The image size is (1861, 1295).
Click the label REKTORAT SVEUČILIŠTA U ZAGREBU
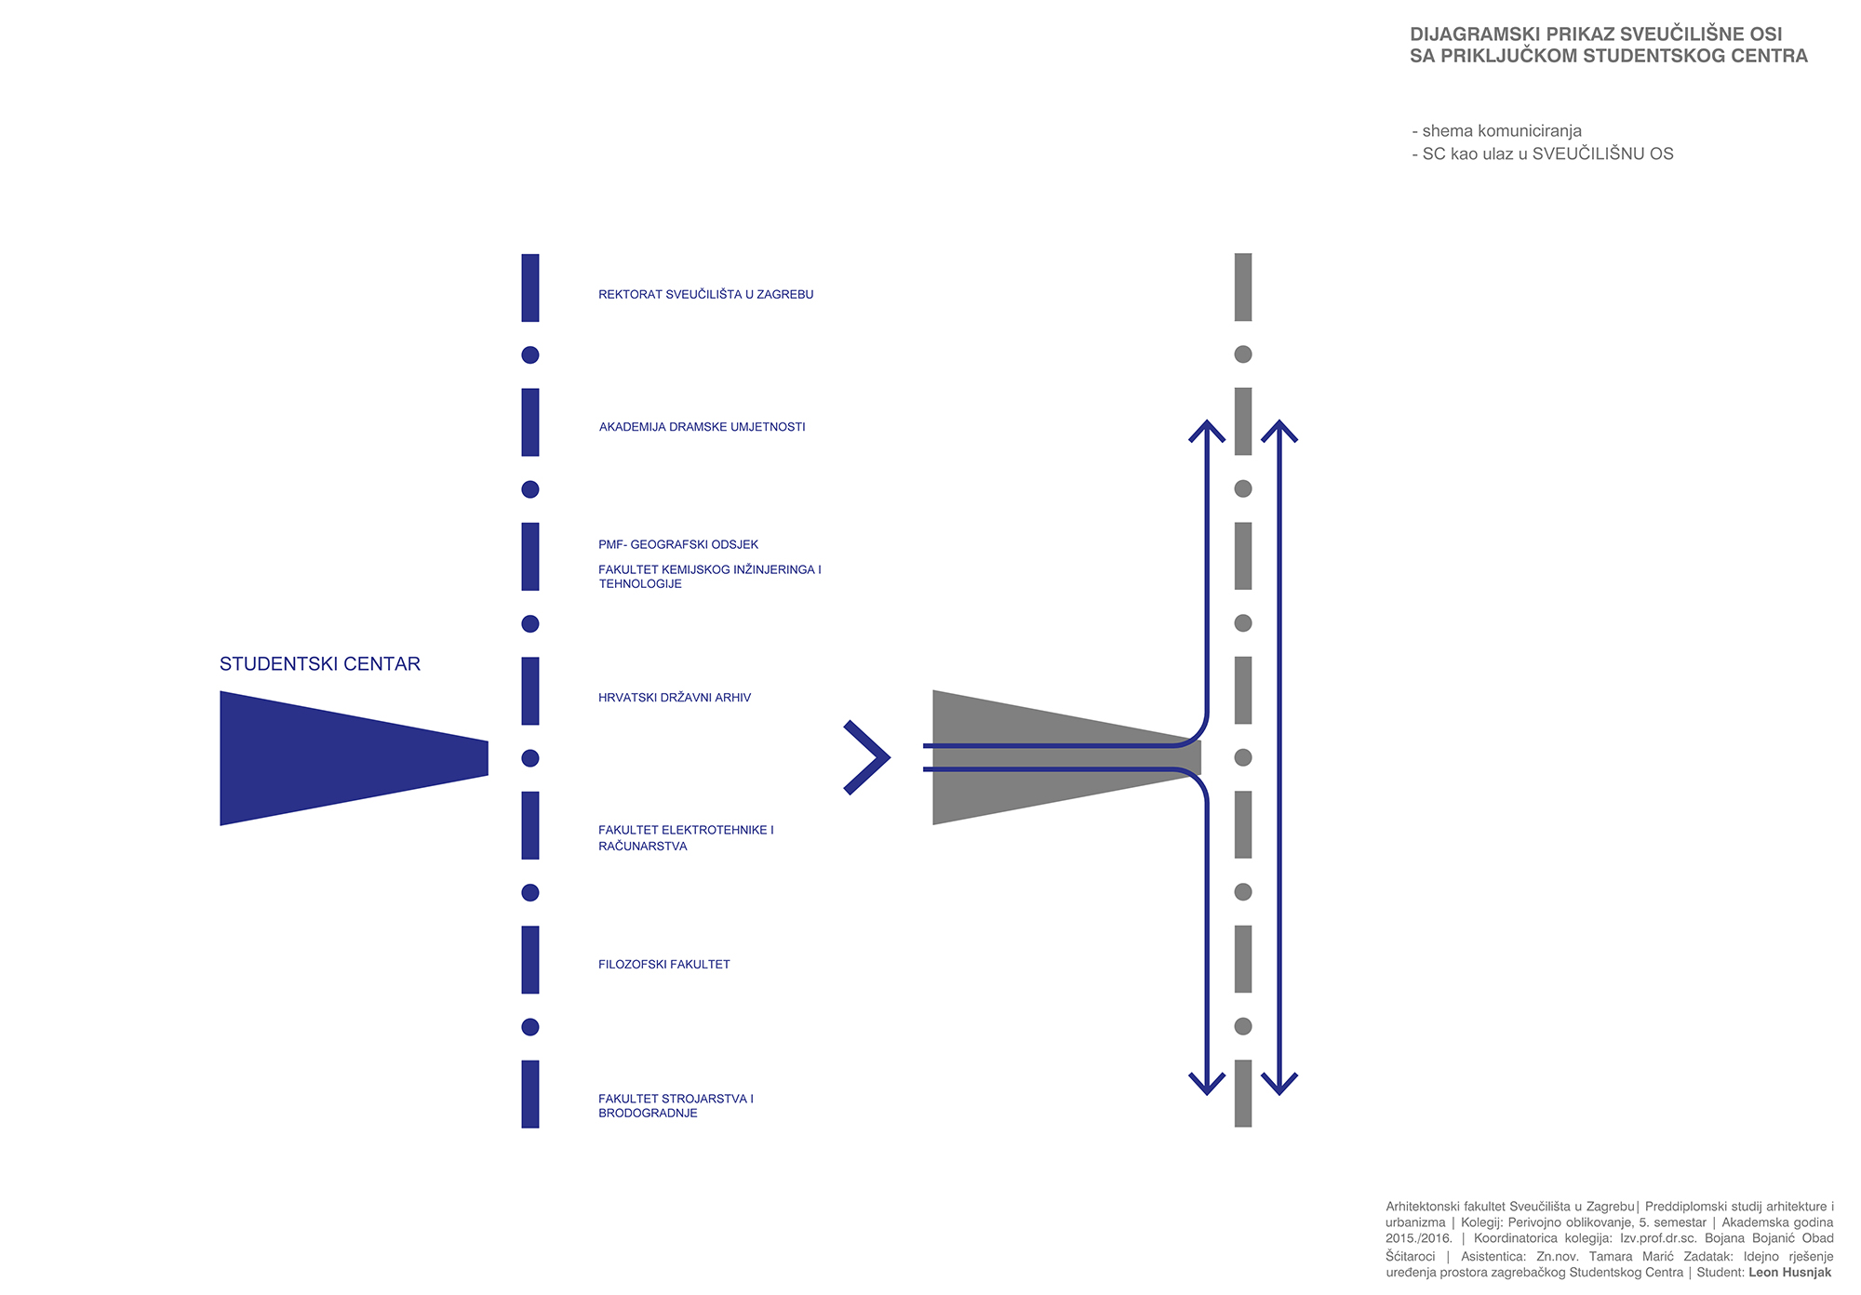click(x=705, y=295)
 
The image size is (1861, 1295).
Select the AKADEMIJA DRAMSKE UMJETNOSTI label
click(x=702, y=427)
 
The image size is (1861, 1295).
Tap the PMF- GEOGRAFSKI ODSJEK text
click(x=677, y=544)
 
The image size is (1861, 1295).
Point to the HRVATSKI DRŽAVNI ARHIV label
click(x=674, y=698)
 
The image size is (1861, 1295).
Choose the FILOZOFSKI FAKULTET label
click(x=663, y=965)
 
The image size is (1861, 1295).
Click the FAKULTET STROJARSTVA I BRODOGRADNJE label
click(x=675, y=1106)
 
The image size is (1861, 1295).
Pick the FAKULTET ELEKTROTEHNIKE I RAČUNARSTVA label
click(x=685, y=838)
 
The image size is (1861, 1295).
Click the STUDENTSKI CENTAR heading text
click(x=319, y=664)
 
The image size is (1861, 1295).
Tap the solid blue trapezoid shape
click(x=335, y=758)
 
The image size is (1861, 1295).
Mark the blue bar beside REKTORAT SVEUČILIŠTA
click(x=530, y=287)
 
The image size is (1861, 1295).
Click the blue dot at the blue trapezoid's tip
click(x=530, y=758)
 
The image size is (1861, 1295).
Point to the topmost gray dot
click(x=1243, y=354)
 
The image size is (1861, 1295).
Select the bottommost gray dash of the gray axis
click(x=1243, y=1093)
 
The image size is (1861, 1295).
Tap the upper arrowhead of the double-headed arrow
click(x=1279, y=430)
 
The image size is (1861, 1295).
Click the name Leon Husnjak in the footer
click(x=1789, y=1273)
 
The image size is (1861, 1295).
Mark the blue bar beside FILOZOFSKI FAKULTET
click(x=530, y=959)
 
